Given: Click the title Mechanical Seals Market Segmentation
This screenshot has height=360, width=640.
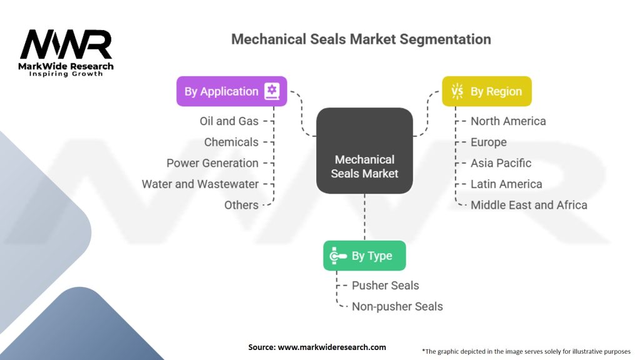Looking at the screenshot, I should tap(361, 39).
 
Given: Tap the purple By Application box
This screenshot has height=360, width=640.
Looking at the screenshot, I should tap(231, 91).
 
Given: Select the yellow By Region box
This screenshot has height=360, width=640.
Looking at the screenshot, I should tap(486, 91).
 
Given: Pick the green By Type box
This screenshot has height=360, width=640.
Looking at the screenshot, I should tap(364, 256).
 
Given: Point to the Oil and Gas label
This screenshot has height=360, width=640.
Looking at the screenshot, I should tap(229, 121).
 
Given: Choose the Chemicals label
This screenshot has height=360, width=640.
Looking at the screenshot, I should tap(231, 142).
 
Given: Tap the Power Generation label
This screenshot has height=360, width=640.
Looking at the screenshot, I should tap(212, 163).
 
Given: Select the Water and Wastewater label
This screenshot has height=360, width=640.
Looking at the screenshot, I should tap(200, 184).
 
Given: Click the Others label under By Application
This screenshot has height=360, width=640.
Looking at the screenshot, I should tap(241, 205).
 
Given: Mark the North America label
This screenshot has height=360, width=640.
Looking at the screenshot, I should tap(508, 121).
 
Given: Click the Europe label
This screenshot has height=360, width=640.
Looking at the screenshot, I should tap(489, 142).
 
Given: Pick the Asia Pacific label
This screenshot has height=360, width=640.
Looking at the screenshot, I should tap(501, 163).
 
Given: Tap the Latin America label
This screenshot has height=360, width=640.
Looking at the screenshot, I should tap(506, 184).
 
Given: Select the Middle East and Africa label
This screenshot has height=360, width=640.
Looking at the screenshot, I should tap(529, 205).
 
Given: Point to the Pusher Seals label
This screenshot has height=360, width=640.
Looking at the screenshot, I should tap(386, 286).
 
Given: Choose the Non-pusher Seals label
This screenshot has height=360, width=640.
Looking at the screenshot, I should tap(397, 306).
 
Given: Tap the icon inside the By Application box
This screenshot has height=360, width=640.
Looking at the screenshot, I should tap(271, 91).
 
